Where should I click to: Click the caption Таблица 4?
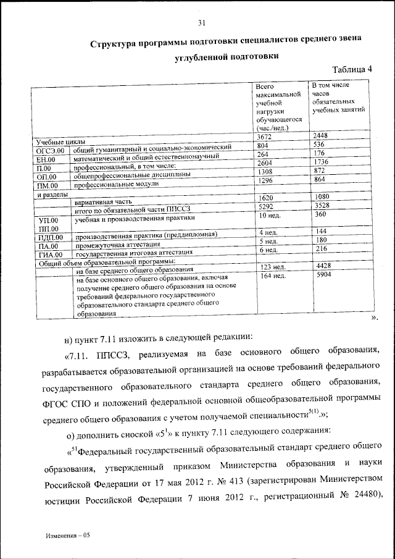352,69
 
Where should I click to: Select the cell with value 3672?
265,137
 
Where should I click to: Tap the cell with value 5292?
265,207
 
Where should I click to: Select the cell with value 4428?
325,266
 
